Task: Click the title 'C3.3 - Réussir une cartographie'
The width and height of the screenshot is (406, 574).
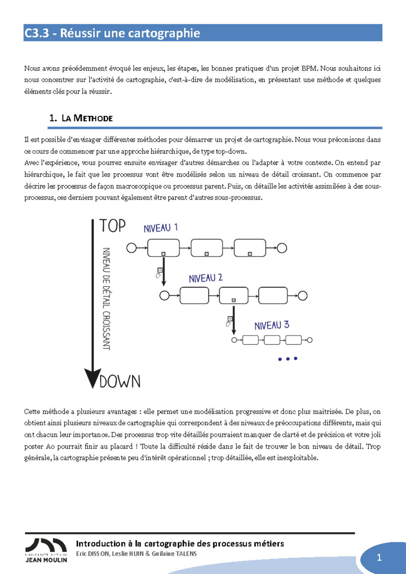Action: click(x=112, y=33)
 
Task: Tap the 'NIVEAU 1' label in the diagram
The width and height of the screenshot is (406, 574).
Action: click(x=161, y=228)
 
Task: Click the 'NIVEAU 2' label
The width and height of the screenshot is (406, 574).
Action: click(x=206, y=278)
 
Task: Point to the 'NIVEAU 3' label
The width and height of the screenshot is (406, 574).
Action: click(x=272, y=325)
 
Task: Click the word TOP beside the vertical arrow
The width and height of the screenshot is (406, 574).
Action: click(x=112, y=226)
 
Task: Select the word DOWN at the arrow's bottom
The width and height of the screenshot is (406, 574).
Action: click(x=120, y=382)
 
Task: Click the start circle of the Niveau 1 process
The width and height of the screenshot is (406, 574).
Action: click(x=131, y=248)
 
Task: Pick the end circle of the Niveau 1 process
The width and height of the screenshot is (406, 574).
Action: click(x=282, y=248)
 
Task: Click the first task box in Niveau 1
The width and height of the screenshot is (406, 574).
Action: click(x=163, y=248)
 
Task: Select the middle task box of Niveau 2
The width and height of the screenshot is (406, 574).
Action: click(x=233, y=295)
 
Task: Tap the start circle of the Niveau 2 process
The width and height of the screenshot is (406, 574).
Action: click(x=164, y=295)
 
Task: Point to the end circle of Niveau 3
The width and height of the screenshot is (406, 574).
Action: click(x=310, y=340)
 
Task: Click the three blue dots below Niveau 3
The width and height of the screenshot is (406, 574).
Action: click(x=288, y=359)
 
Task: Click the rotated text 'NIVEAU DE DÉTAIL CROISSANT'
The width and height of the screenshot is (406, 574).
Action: click(x=106, y=299)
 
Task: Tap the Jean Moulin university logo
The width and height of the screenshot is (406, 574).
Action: click(x=46, y=550)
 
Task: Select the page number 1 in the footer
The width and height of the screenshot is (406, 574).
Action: click(x=379, y=557)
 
